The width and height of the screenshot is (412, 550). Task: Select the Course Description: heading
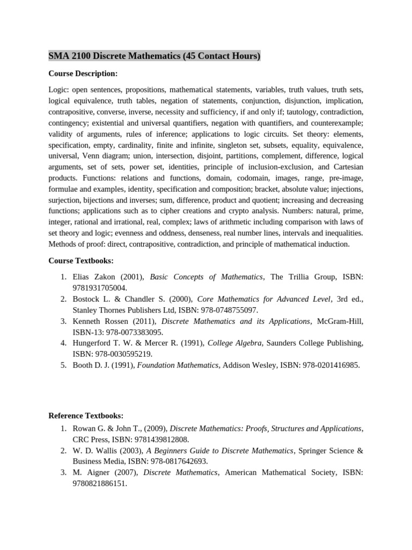83,74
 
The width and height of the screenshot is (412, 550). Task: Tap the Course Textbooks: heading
81,260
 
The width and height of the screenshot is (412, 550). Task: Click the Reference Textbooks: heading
86,416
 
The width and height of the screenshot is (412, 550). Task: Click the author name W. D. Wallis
95,451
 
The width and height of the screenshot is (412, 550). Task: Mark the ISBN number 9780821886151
100,483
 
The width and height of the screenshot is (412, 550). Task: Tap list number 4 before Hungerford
63,343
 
